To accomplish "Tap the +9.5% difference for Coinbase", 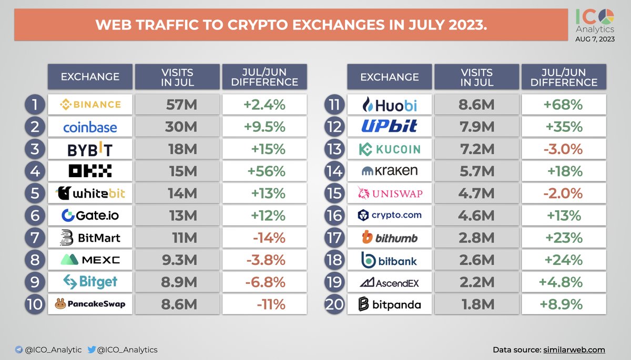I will pyautogui.click(x=264, y=127).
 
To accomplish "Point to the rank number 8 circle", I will pyautogui.click(x=34, y=260).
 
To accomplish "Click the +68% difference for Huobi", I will pyautogui.click(x=564, y=105).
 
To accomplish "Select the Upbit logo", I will pyautogui.click(x=389, y=127).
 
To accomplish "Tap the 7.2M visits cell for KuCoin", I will pyautogui.click(x=476, y=149).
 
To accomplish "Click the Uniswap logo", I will pyautogui.click(x=389, y=193).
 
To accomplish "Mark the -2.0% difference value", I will pyautogui.click(x=564, y=193).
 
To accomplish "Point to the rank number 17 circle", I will pyautogui.click(x=334, y=238).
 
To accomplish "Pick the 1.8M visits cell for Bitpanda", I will pyautogui.click(x=476, y=304).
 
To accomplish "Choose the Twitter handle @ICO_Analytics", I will pyautogui.click(x=125, y=349).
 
